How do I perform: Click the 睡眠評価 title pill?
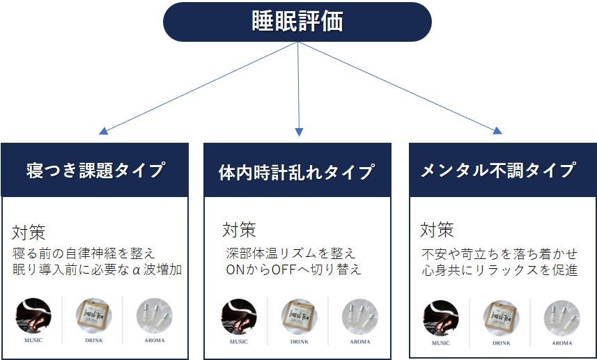click(297, 22)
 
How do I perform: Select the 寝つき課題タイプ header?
click(95, 170)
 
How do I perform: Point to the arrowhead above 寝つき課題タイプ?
click(103, 130)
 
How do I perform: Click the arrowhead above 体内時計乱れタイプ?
click(299, 132)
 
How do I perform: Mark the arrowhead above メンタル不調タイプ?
click(497, 130)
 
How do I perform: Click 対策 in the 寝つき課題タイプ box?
click(29, 232)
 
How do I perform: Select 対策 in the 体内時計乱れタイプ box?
click(238, 230)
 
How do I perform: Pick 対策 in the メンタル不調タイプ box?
click(437, 230)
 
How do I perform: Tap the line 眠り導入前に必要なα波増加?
click(98, 269)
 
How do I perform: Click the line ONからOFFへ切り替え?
click(293, 269)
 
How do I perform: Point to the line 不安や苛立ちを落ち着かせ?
click(498, 253)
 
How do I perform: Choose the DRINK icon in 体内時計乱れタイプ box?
click(299, 317)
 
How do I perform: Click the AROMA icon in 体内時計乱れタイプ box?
click(359, 317)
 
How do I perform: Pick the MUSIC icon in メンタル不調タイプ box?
click(440, 318)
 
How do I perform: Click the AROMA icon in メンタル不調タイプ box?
click(561, 318)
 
